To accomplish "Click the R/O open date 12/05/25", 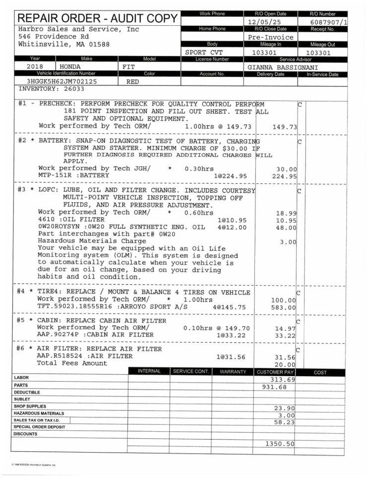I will click(266, 22).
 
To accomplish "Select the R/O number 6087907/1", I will click(329, 22).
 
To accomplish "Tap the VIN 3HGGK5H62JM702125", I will click(62, 81).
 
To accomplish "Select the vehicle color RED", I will click(132, 81).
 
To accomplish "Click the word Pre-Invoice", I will click(270, 37).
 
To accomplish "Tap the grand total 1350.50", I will click(280, 443).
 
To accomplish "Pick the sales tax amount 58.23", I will click(284, 422).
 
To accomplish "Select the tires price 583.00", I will click(284, 308).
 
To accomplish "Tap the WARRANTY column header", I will click(233, 372).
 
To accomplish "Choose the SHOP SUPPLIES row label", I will click(29, 406).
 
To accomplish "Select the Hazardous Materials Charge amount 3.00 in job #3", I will click(288, 242).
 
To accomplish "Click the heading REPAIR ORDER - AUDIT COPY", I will click(98, 19).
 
